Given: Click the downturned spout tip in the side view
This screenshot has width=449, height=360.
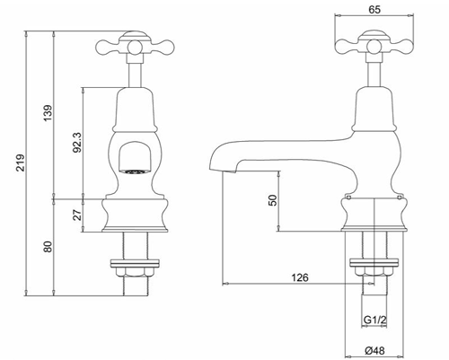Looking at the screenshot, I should coord(216,162).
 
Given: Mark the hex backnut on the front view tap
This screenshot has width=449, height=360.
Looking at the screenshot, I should coord(134,266).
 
